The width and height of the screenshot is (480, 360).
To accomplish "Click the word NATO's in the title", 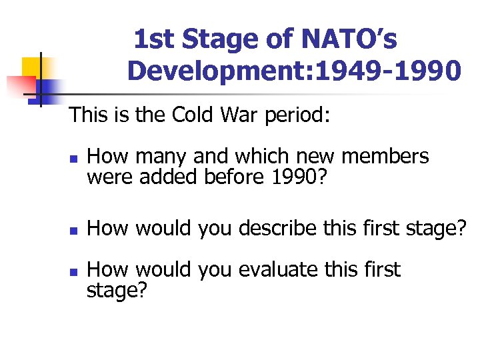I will (349, 40).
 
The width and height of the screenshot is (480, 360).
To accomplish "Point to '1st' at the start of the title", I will (155, 40).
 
